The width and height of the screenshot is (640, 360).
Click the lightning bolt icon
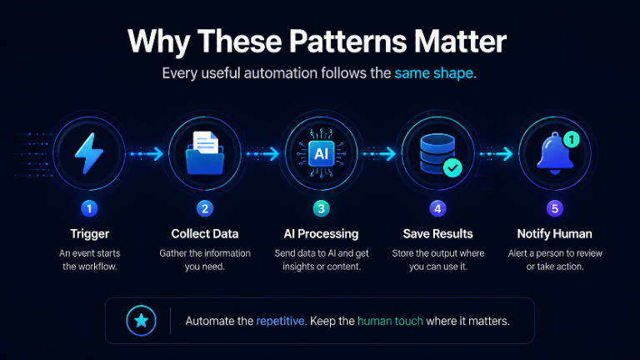[x=89, y=153]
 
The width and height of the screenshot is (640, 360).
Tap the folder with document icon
[x=205, y=153]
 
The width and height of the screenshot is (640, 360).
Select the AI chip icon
[x=321, y=153]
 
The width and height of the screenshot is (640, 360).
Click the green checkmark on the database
[x=452, y=167]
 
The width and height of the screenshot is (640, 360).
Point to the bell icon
[x=554, y=153]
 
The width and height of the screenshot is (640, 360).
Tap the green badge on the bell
[x=572, y=140]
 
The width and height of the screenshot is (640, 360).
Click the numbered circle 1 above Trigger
[x=89, y=208]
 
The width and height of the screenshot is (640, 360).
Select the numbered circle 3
[x=321, y=208]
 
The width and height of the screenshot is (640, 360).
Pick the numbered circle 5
[x=555, y=208]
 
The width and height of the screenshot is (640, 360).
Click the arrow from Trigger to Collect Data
[x=147, y=154]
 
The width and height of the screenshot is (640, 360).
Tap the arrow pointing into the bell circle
[x=497, y=154]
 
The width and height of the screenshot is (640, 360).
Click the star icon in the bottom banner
[x=141, y=321]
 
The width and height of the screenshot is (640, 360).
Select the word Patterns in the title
[x=348, y=41]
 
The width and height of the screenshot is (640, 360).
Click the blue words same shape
[x=436, y=73]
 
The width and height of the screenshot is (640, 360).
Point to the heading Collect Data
[x=205, y=234]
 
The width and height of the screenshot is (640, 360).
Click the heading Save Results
[x=438, y=234]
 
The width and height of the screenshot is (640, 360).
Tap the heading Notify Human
[x=555, y=234]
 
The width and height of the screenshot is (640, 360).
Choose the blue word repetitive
[x=282, y=321]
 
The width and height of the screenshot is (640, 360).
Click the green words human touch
[x=390, y=321]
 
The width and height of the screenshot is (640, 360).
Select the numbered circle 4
[x=438, y=208]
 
